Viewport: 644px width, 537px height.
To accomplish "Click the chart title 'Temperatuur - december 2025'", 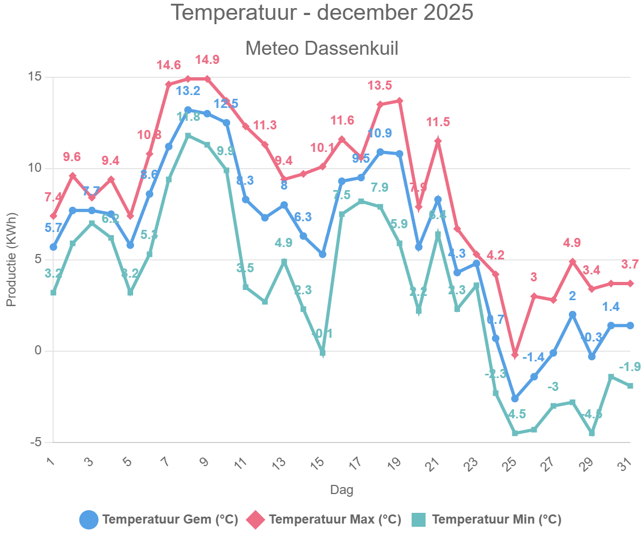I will [322, 13].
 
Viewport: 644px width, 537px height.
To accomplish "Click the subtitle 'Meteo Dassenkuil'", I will [322, 48].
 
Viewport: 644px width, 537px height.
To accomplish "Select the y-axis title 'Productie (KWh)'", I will [12, 260].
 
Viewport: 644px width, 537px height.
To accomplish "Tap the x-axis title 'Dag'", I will [341, 490].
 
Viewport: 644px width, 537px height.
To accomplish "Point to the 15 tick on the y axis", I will [35, 77].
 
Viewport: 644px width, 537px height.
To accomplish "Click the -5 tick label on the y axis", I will [35, 442].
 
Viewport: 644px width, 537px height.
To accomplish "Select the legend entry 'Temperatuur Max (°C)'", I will [324, 519].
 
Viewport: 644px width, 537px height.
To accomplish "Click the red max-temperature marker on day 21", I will [438, 141].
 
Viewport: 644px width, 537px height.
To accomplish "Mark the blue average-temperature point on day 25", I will [515, 398].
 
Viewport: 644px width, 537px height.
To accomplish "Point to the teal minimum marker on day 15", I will [323, 353].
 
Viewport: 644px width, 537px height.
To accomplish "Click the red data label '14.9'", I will [207, 59].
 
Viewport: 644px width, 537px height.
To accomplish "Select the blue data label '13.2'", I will [188, 91].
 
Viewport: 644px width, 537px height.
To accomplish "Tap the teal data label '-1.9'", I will [630, 367].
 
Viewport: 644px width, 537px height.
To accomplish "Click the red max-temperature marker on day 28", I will [573, 262].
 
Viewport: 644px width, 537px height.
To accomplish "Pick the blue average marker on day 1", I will [53, 247].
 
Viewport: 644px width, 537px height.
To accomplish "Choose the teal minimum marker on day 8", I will [188, 136].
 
